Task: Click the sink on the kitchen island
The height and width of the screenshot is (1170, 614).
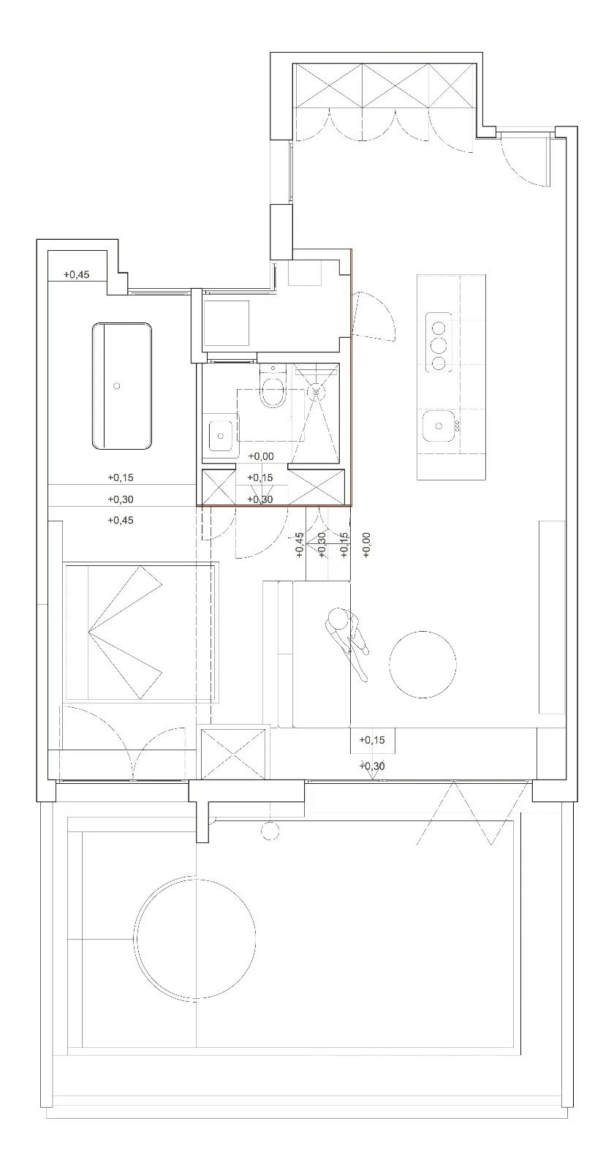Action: tap(439, 423)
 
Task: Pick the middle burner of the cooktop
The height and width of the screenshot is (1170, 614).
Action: tap(439, 346)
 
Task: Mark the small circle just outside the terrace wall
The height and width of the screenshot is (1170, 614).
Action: tap(270, 831)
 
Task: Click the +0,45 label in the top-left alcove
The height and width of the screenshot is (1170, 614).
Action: tap(76, 275)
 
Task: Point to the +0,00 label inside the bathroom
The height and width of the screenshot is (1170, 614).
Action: tap(261, 456)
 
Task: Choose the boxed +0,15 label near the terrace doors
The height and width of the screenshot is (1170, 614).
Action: tap(372, 740)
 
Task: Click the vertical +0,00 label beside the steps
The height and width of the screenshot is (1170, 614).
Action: tap(366, 545)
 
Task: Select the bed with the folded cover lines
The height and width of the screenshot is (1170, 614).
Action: tap(141, 632)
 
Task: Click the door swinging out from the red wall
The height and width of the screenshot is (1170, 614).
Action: tap(373, 316)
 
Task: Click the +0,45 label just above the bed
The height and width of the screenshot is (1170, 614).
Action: tap(121, 521)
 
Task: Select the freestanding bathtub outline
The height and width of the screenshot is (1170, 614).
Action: tap(122, 385)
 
